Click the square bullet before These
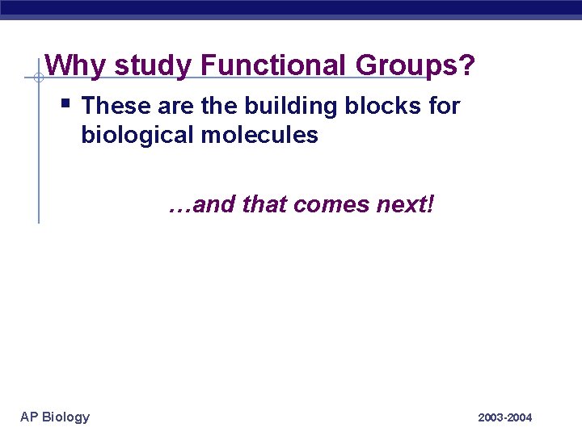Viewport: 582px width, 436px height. click(x=66, y=103)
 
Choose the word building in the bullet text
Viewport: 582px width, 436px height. click(x=272, y=106)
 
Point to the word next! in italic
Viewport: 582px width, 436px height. click(x=406, y=205)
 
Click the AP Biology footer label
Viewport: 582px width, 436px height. click(x=55, y=417)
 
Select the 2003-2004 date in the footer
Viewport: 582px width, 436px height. click(x=505, y=417)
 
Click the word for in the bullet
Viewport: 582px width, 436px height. click(x=444, y=106)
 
